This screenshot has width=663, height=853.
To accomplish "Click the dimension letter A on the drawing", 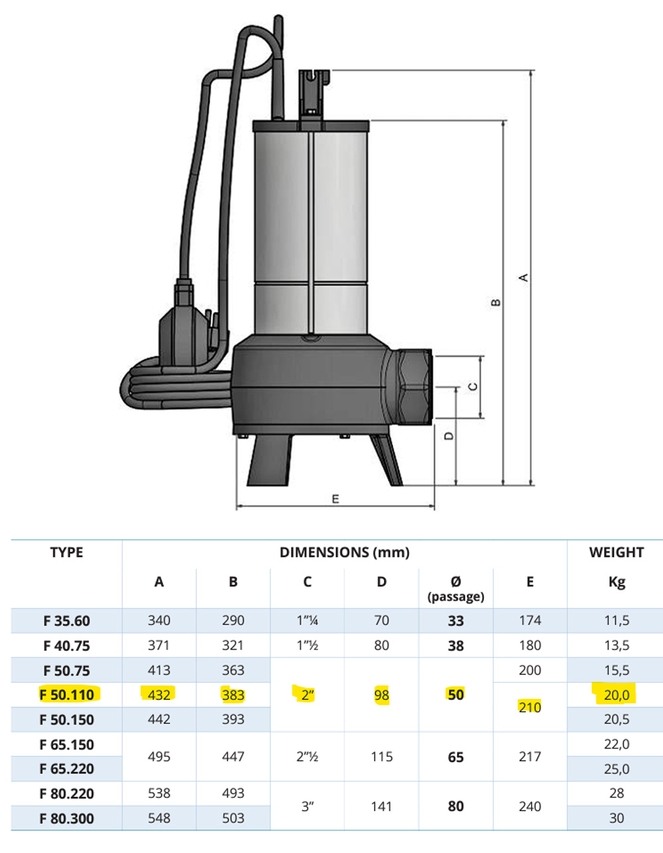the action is [523, 277].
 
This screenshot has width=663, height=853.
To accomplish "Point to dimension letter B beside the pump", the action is [496, 303].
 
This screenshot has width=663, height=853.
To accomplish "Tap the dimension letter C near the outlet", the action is [473, 387].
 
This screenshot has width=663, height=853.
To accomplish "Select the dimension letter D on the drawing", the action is [448, 436].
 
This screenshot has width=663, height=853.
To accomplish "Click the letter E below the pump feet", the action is [335, 499].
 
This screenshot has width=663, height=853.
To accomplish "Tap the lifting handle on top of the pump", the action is [314, 94].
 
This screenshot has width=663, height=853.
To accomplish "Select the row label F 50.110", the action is [67, 695].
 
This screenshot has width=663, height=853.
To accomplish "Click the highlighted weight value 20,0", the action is [617, 695].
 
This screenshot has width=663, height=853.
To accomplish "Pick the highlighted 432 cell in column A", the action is [158, 695].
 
